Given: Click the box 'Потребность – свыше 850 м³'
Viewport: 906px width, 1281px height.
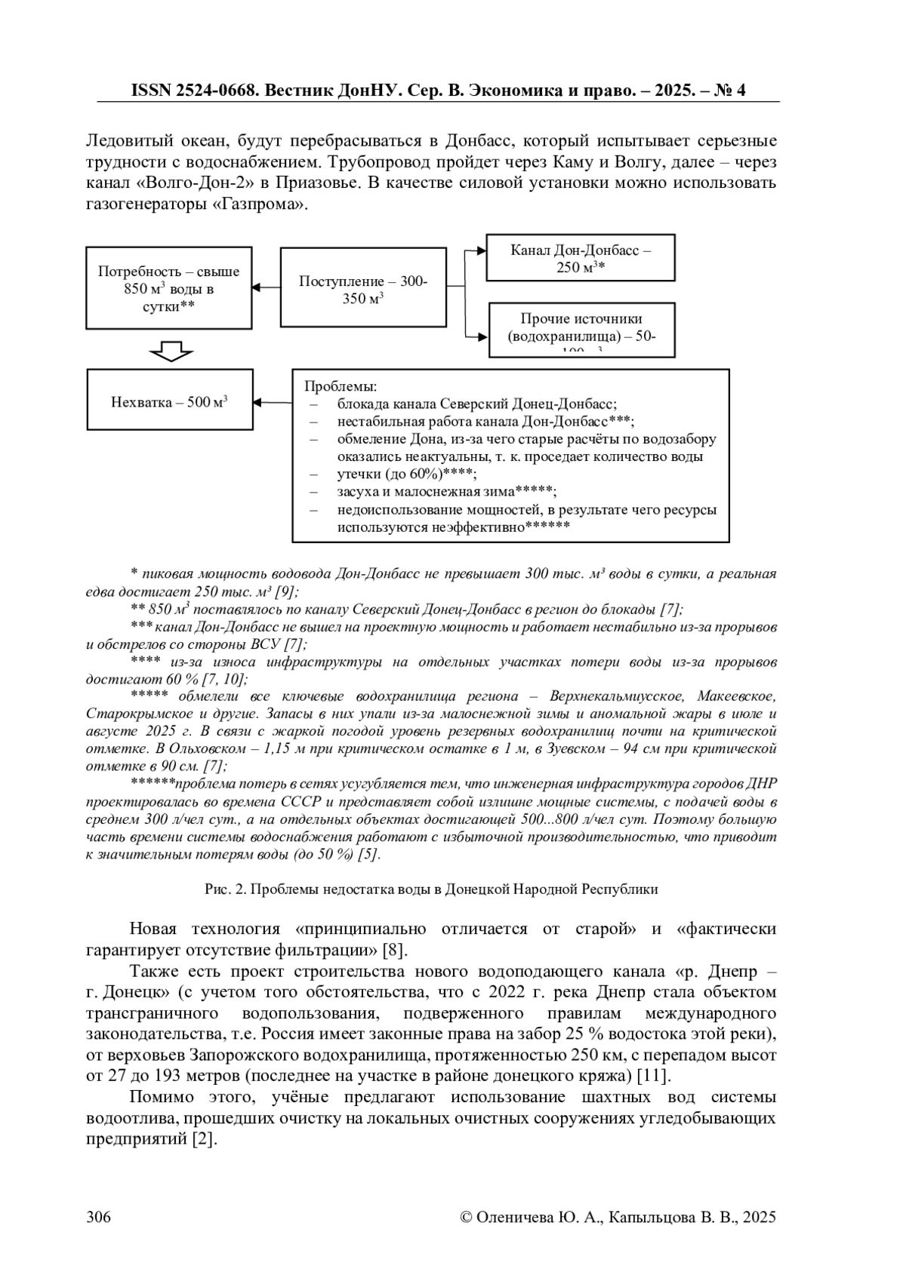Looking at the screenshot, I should [169, 288].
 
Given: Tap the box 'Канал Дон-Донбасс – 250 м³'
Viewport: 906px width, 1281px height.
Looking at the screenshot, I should [581, 258].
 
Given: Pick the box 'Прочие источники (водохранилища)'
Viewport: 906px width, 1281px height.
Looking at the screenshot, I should [581, 329].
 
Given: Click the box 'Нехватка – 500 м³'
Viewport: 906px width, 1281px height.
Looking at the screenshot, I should [170, 401].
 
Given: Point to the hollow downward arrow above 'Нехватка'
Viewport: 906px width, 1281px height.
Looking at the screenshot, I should [171, 351].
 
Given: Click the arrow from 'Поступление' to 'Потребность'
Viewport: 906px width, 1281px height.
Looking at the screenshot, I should [267, 287].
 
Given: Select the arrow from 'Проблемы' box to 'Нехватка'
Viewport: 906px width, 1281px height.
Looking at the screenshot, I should [273, 401].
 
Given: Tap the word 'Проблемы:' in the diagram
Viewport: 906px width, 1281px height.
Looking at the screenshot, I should [340, 386].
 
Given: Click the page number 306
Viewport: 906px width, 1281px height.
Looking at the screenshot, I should [99, 1217].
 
